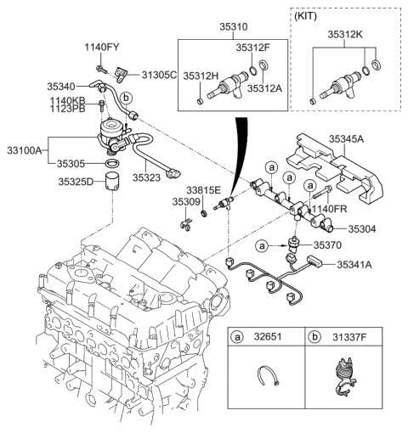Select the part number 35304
click(365, 228)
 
